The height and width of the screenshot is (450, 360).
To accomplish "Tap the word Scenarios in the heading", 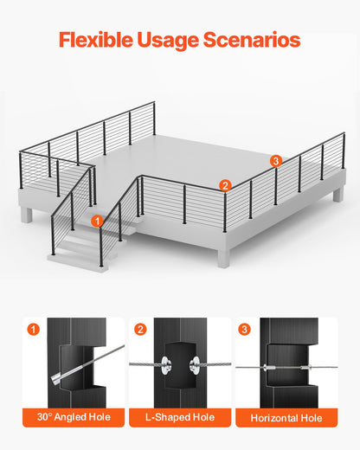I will (259, 40).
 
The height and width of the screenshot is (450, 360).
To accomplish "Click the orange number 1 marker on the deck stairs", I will (98, 222).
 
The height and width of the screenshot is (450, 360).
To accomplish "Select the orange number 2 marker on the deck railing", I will (224, 184).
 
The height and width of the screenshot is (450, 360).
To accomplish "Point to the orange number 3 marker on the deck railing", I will (275, 161).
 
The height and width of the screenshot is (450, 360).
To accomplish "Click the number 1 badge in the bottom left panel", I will (33, 329).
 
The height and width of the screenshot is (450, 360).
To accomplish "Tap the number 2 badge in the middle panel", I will (140, 329).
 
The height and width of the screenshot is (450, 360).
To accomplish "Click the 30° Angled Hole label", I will (73, 418).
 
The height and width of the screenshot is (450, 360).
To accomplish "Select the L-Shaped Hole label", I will (179, 418).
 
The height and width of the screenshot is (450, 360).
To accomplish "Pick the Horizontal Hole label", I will (286, 418).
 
